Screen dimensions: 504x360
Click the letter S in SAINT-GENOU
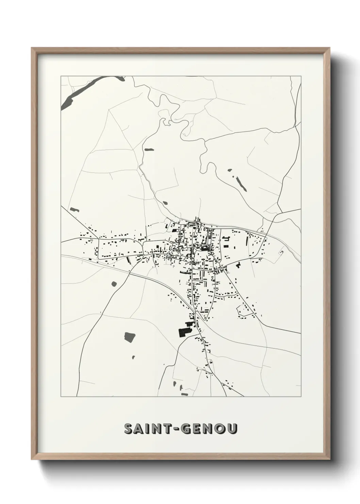(129, 429)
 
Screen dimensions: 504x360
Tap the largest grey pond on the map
(129, 337)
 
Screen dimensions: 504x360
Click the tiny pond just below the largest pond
(133, 357)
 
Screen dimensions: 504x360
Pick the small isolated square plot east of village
(281, 252)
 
